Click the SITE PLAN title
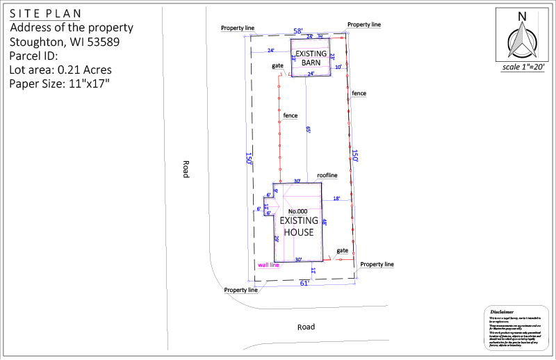coord(44,13)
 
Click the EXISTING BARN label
coord(310,58)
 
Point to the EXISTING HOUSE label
coord(299,226)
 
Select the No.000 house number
coord(297,211)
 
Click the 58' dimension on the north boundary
coord(298,32)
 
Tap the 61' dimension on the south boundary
coord(304,283)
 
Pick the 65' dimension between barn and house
coord(309,129)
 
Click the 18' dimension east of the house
coord(336,199)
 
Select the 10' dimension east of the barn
coord(338,67)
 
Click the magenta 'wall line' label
coord(268,265)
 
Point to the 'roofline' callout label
coord(327,176)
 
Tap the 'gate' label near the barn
coord(277,66)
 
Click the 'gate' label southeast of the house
coord(342,249)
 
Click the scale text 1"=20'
coord(523,68)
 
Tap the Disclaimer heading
coord(502,311)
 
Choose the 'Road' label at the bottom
coord(306,327)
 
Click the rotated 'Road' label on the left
coord(186,169)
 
